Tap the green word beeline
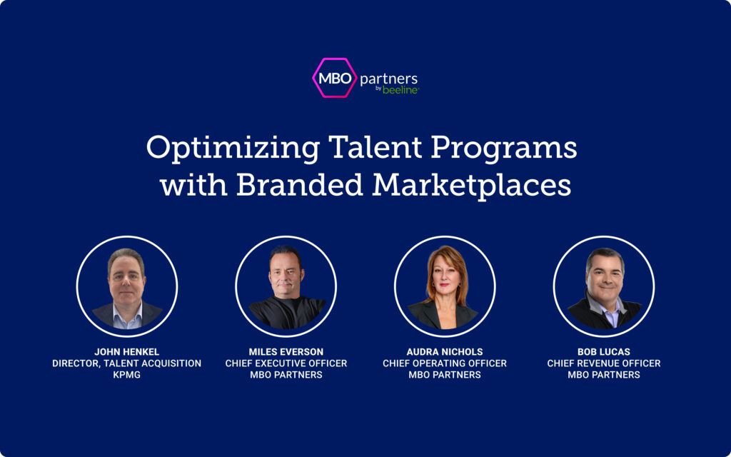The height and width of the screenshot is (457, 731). click(400, 90)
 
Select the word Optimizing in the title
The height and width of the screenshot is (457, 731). click(233, 149)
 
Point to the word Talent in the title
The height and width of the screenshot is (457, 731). click(375, 147)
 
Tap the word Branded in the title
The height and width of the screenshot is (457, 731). click(299, 185)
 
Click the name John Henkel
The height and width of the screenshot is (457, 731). click(127, 351)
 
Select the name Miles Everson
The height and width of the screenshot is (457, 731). click(286, 351)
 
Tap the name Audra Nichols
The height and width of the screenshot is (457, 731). click(445, 351)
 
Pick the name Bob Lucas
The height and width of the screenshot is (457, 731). click(604, 351)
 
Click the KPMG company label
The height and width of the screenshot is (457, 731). click(127, 374)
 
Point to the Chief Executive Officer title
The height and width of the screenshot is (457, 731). click(286, 363)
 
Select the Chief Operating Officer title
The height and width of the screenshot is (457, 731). click(445, 363)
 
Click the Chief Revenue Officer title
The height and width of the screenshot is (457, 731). click(604, 363)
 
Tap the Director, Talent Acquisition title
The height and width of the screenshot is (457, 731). click(127, 363)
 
